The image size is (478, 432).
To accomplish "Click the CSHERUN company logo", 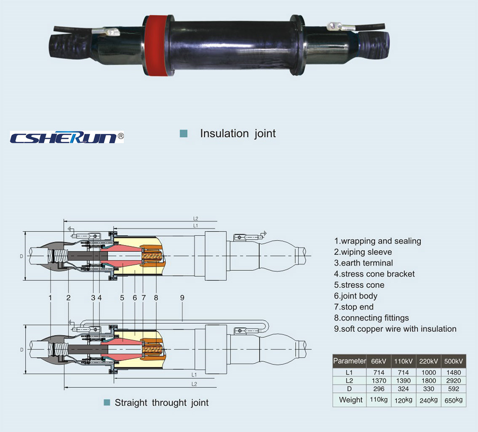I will [x=67, y=137].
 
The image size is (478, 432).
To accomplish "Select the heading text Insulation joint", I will [x=238, y=133].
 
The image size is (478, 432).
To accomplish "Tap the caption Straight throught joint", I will [x=162, y=403].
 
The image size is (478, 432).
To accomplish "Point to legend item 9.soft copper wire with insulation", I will [x=395, y=328].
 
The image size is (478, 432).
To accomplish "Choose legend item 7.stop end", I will [x=354, y=307].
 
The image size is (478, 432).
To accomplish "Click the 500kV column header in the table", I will [x=454, y=361].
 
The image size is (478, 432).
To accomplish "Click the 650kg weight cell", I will [x=454, y=400].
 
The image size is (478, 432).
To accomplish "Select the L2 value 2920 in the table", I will [x=454, y=381].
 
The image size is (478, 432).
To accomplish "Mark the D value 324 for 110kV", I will [x=404, y=389].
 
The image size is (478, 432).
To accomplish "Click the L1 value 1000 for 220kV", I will [x=428, y=373].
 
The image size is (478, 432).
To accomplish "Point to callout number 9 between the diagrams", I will [x=182, y=297].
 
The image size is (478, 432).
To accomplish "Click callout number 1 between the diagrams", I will [x=50, y=297].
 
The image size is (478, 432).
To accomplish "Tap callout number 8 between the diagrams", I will [x=156, y=297].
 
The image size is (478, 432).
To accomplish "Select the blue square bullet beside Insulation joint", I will [x=183, y=133].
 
